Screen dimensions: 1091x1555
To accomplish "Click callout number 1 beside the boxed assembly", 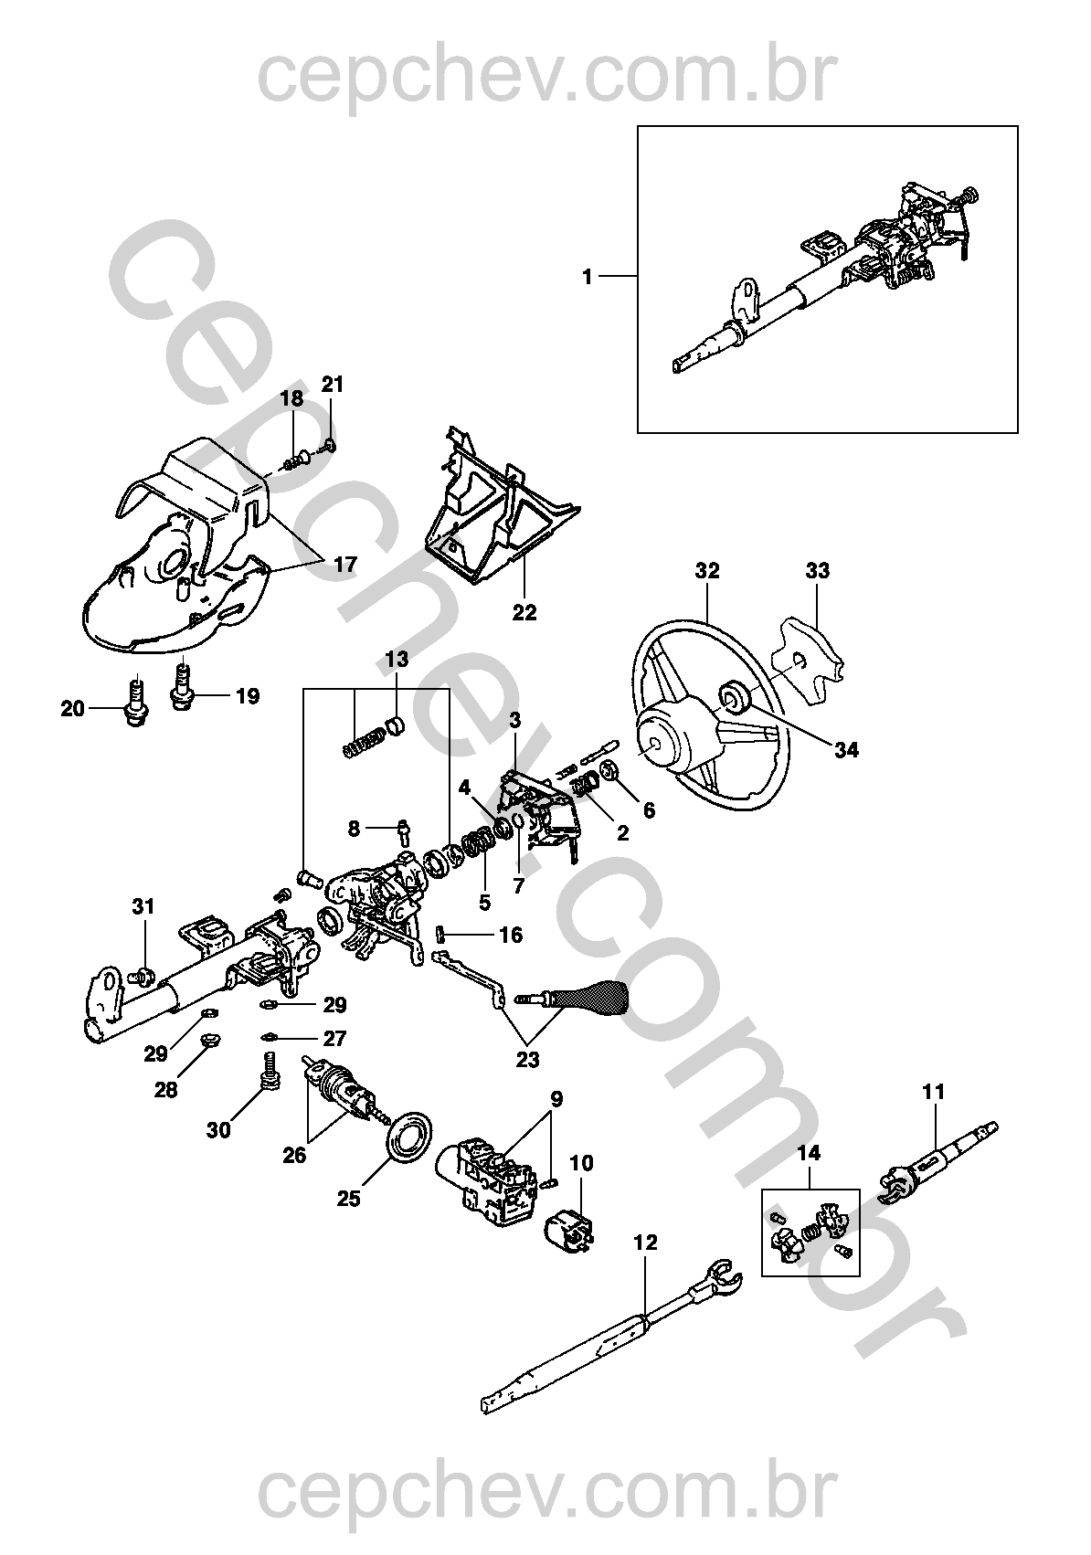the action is point(587,277).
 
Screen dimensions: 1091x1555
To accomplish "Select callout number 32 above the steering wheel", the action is point(707,571).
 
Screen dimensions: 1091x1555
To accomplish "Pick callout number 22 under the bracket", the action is point(525,613).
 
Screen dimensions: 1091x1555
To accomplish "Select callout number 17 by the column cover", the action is point(344,565).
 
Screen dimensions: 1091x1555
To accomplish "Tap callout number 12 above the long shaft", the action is point(645,1242).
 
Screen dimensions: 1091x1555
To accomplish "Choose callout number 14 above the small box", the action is point(809,1153).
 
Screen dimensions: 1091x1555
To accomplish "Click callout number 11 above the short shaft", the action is point(934,1092).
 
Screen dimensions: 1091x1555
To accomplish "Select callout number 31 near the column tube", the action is point(143,906).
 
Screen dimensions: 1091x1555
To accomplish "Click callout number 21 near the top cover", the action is point(333,385).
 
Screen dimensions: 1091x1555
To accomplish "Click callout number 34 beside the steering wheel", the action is point(846,750).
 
